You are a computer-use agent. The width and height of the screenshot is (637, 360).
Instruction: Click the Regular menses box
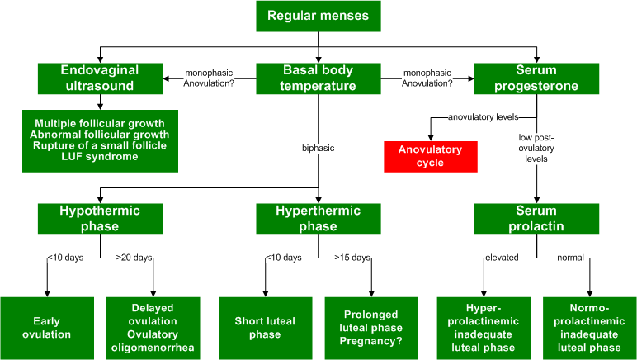(318, 16)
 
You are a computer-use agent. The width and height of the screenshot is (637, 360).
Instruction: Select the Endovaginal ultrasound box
(100, 78)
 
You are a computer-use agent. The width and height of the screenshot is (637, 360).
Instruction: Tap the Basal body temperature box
(318, 78)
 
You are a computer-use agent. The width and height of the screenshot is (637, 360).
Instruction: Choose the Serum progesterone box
(537, 78)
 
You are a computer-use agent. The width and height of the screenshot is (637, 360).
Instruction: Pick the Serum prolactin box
(537, 219)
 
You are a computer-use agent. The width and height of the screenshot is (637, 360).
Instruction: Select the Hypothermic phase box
(100, 219)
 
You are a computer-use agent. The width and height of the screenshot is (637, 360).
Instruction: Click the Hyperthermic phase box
(318, 219)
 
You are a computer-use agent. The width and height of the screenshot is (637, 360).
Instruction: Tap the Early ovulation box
(46, 328)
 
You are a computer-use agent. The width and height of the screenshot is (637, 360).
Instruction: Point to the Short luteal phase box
(264, 328)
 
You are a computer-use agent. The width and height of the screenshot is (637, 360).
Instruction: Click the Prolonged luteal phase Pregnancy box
(372, 328)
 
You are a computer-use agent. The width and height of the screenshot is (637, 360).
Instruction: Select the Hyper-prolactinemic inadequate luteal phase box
(483, 328)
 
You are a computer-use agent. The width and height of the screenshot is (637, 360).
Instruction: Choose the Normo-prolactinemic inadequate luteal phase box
(589, 328)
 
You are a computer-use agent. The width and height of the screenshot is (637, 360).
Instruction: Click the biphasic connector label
(318, 149)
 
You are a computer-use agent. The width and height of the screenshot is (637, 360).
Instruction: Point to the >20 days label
(134, 258)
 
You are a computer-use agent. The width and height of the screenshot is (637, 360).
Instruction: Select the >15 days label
(352, 258)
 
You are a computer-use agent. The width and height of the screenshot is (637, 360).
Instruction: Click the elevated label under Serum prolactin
(502, 258)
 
